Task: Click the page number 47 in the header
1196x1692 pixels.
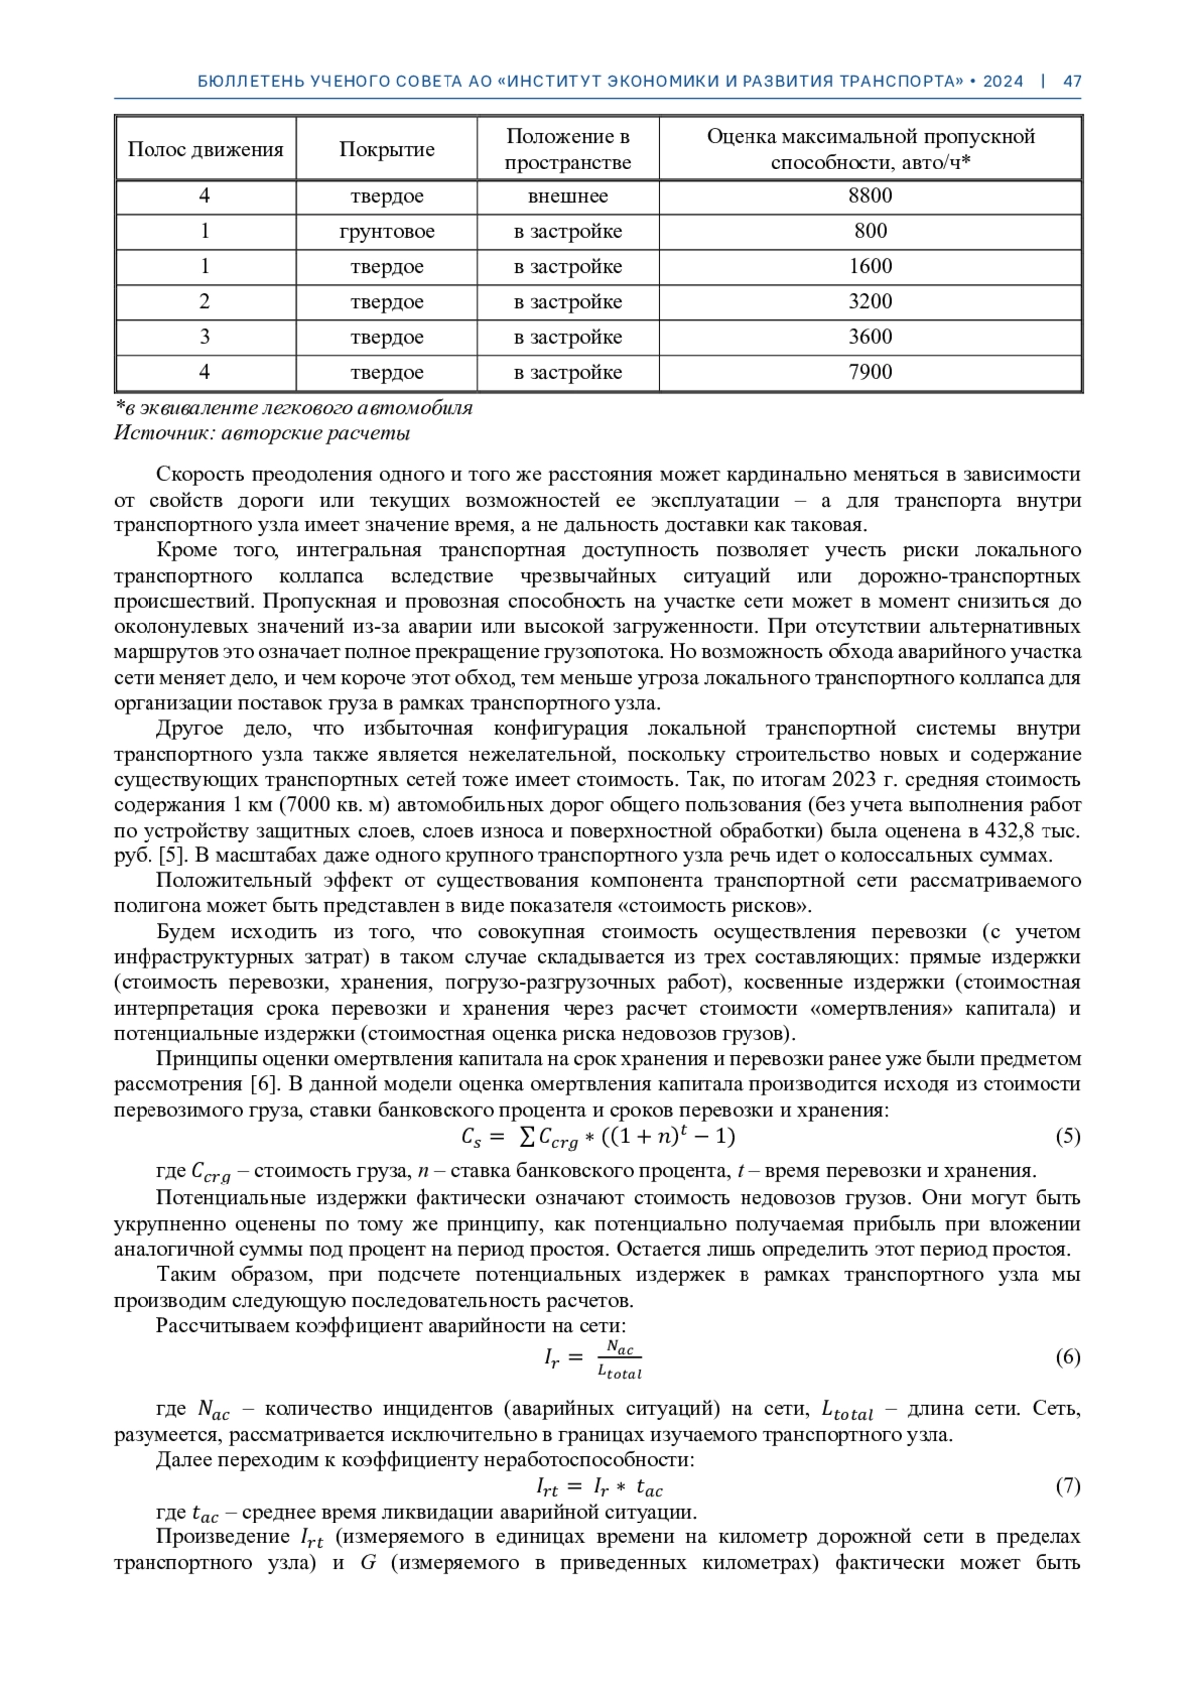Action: [1072, 82]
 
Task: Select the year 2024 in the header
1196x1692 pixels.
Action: [1003, 82]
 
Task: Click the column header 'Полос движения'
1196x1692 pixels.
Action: [205, 150]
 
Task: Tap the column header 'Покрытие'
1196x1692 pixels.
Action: [387, 150]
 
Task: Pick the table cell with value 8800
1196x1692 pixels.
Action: [870, 196]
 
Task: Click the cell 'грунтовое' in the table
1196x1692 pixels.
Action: [387, 232]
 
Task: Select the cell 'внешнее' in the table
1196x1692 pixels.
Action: [568, 196]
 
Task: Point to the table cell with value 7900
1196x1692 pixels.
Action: [870, 373]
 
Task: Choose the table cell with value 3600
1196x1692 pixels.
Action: [870, 337]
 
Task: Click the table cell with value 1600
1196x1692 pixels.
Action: [870, 267]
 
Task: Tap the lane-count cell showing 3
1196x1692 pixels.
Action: [205, 337]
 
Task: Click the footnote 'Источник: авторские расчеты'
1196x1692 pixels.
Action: [262, 434]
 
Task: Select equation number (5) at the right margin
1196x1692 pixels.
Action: [1067, 1136]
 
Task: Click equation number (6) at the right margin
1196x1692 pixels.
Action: [1067, 1357]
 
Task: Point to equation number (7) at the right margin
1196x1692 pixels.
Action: [1067, 1487]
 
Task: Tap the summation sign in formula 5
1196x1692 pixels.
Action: [527, 1136]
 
